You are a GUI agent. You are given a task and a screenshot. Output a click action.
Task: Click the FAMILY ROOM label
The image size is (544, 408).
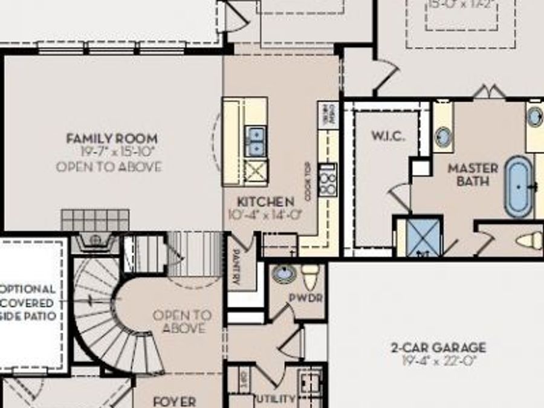pos(112,138)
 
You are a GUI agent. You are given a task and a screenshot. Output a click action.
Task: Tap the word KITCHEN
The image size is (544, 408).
pos(265,202)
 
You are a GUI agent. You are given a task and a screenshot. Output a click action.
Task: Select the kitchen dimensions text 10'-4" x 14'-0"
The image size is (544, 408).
pos(265,214)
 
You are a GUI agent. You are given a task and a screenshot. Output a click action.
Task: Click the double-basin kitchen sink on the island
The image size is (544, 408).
pos(256,141)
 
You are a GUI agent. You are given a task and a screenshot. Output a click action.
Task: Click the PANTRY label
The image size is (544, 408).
pos(236,267)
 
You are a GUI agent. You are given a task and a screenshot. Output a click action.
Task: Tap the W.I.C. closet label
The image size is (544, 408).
pos(388,136)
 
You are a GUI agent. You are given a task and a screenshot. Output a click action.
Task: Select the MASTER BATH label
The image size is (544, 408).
pos(473,175)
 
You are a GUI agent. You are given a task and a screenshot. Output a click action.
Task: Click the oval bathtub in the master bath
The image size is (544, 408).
pos(517,187)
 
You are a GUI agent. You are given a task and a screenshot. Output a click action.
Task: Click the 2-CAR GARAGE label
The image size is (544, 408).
pos(438,348)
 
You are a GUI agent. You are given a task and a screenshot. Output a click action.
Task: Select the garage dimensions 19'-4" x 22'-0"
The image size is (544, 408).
pos(438,361)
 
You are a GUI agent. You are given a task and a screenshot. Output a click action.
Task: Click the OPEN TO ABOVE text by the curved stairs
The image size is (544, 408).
pos(182,322)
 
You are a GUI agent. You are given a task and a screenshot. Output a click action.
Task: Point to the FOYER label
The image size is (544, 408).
pos(174,401)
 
